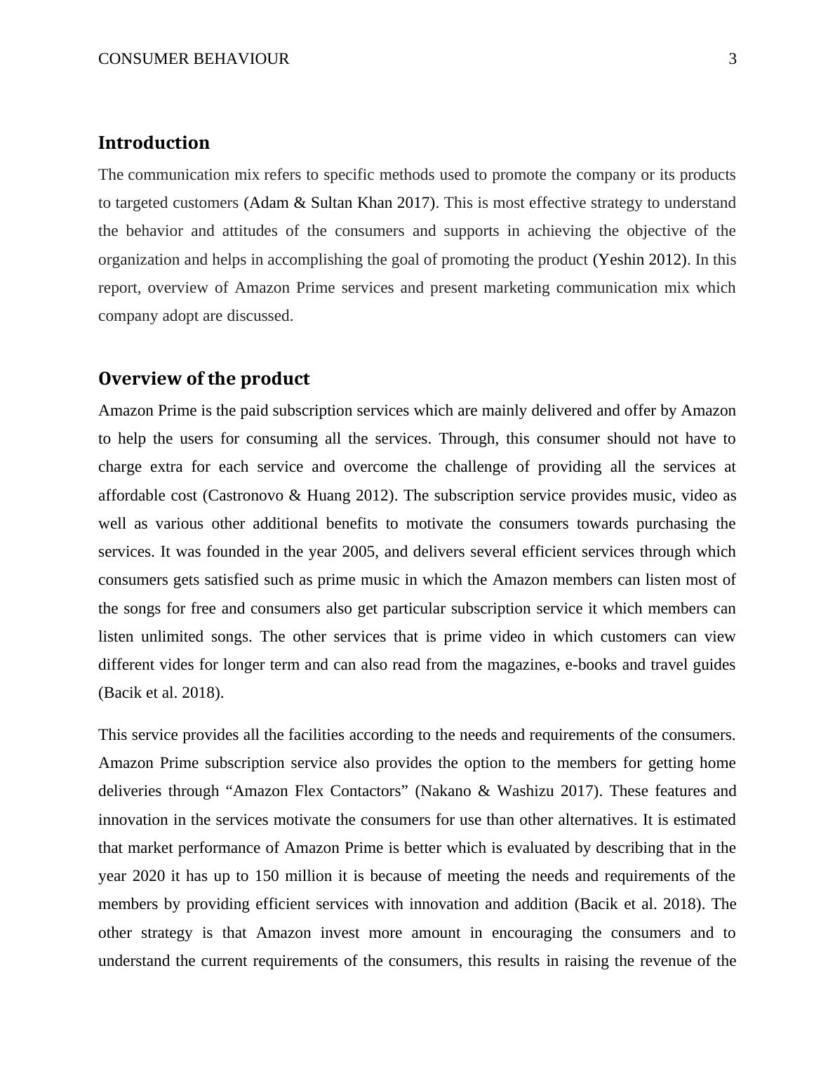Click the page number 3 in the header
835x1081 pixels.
point(733,59)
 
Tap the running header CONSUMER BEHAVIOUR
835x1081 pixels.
point(194,59)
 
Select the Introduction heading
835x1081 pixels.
point(154,142)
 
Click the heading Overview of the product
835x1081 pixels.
point(203,378)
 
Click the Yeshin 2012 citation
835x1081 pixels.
point(639,260)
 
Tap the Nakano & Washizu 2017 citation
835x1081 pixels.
point(509,791)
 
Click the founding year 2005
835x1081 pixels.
point(359,552)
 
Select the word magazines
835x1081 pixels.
point(527,665)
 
